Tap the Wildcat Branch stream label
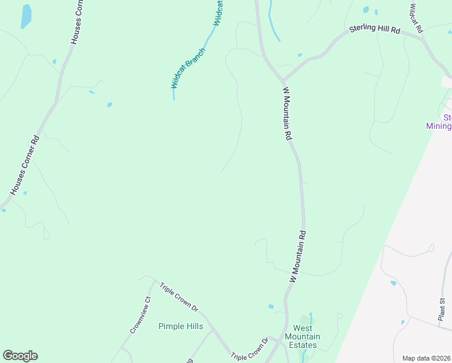(187, 68)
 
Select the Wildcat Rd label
(416, 18)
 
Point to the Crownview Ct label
(139, 315)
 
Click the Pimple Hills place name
(181, 326)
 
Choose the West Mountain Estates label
(302, 341)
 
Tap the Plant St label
(442, 308)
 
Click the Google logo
(20, 356)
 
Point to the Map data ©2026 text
(427, 358)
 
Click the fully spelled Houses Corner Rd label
(25, 165)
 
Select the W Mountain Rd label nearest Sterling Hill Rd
(288, 114)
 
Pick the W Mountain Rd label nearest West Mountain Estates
(298, 257)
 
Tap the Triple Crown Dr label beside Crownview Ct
(179, 296)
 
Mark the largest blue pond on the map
(26, 16)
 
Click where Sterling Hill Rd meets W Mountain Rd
(282, 80)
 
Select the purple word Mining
(439, 126)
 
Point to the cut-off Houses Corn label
(77, 22)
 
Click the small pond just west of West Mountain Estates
(271, 307)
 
